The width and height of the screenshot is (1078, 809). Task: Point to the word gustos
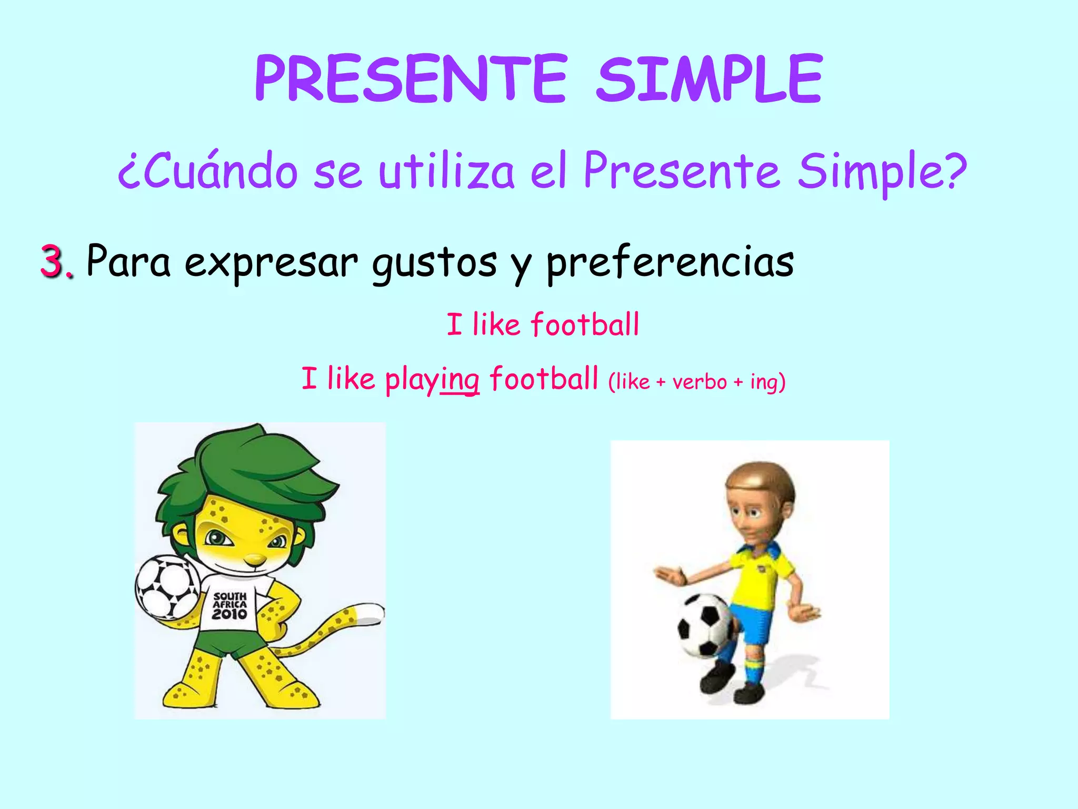pyautogui.click(x=434, y=262)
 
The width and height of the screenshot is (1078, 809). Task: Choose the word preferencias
pyautogui.click(x=670, y=262)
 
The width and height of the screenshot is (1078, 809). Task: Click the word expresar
pyautogui.click(x=271, y=262)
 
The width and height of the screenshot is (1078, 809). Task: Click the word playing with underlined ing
pyautogui.click(x=432, y=379)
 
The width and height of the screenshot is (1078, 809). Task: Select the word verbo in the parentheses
pyautogui.click(x=700, y=381)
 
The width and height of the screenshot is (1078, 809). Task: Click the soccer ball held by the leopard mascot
pyautogui.click(x=168, y=586)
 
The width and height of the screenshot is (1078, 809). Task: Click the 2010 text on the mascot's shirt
pyautogui.click(x=230, y=614)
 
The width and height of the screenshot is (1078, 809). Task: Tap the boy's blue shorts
pyautogui.click(x=753, y=624)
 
